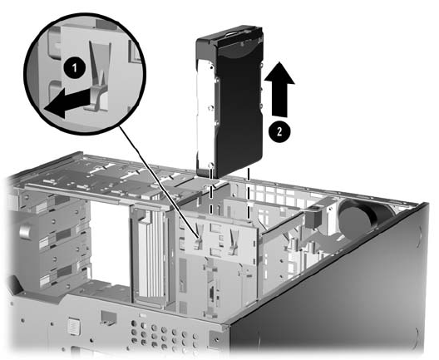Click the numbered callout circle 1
point(74,68)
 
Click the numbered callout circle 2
point(279,131)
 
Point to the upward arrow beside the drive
point(279,89)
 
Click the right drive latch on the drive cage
point(233,241)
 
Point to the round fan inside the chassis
point(356,215)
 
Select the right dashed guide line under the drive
point(248,194)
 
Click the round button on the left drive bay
point(24,232)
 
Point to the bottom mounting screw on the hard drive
point(211,165)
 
